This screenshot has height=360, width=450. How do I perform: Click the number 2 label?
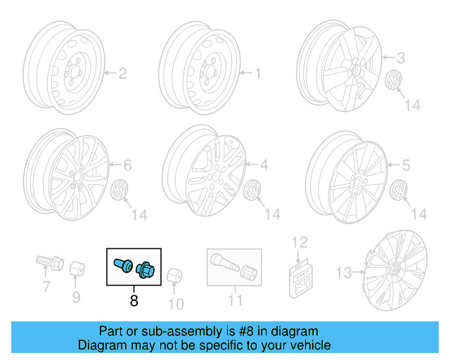[x=122, y=72]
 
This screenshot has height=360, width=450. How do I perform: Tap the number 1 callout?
[x=257, y=72]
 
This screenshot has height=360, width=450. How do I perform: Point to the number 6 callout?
[x=127, y=166]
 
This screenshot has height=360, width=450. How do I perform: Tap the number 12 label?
[x=300, y=243]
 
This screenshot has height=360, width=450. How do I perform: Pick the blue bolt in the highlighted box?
[x=121, y=265]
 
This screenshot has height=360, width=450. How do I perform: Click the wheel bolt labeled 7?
[x=44, y=266]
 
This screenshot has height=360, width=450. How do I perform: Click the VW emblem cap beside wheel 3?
[x=395, y=81]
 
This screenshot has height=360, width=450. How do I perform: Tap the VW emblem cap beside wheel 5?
[x=401, y=191]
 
